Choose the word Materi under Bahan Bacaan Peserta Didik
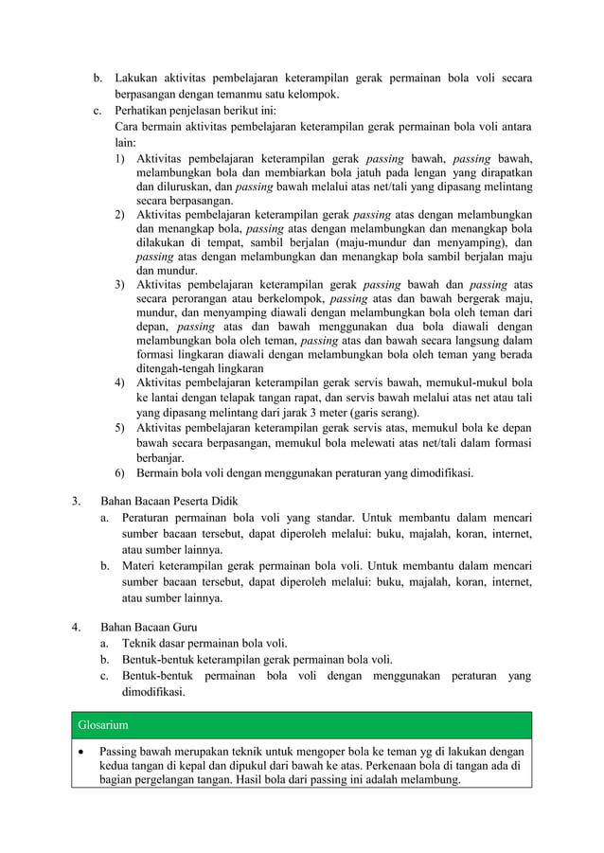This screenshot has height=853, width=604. click(140, 566)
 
